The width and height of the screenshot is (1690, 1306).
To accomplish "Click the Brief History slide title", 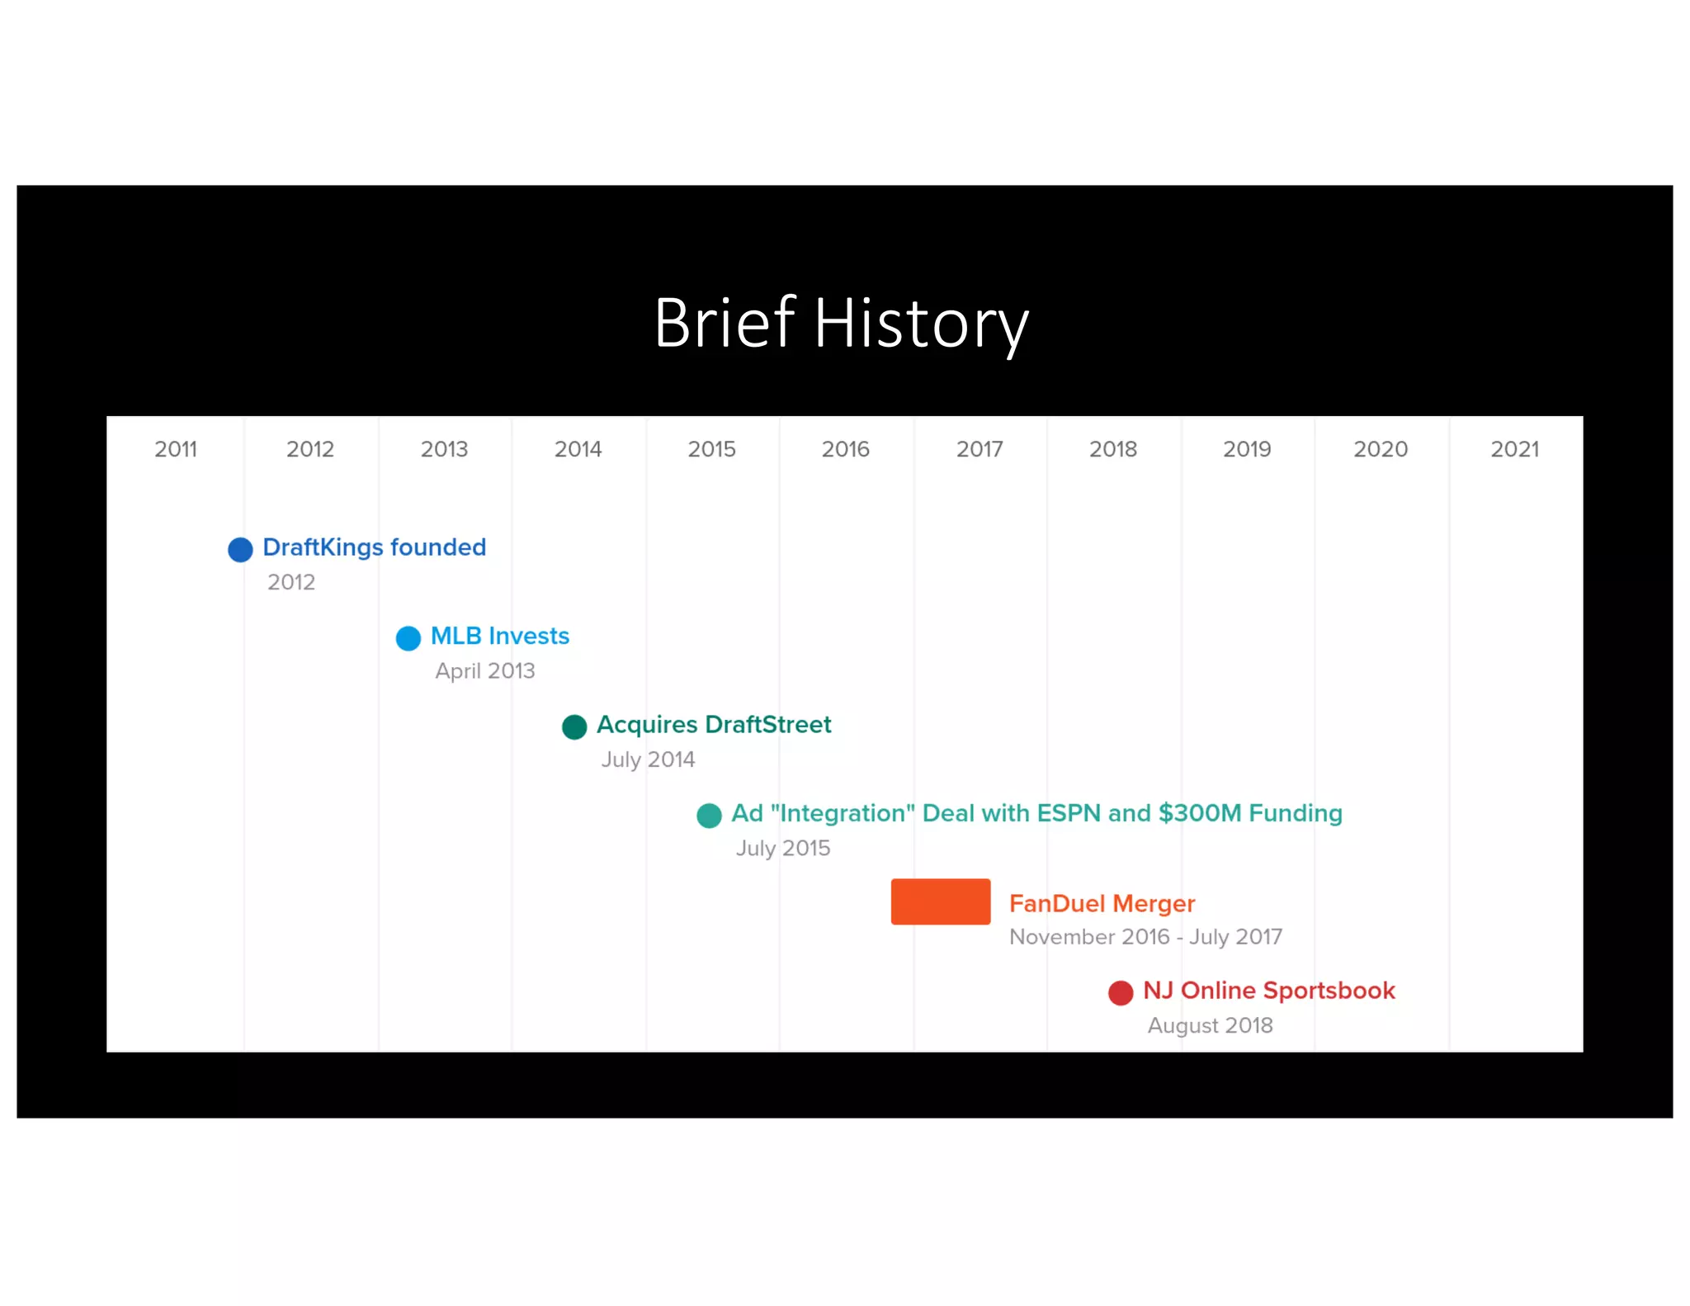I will pyautogui.click(x=841, y=324).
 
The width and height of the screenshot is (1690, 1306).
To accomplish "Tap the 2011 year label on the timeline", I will pyautogui.click(x=176, y=449).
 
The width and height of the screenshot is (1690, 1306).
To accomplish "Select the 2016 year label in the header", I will pyautogui.click(x=845, y=449).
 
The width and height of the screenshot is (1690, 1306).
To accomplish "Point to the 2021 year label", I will pyautogui.click(x=1514, y=449).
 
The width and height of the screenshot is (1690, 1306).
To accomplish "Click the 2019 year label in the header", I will pyautogui.click(x=1246, y=449).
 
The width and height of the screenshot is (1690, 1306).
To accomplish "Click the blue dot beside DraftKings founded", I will pyautogui.click(x=240, y=550).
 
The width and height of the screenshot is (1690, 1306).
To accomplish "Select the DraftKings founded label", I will pyautogui.click(x=374, y=547).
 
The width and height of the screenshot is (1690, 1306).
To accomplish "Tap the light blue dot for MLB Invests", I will pyautogui.click(x=408, y=638).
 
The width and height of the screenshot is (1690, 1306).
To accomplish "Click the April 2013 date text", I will pyautogui.click(x=485, y=670).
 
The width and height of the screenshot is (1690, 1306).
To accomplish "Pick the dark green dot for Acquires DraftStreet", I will pyautogui.click(x=574, y=727).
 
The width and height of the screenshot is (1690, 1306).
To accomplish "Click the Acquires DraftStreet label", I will pyautogui.click(x=714, y=725).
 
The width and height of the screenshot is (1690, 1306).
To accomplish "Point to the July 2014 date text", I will pyautogui.click(x=648, y=759).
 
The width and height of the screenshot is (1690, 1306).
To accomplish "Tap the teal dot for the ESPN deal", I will pyautogui.click(x=709, y=816).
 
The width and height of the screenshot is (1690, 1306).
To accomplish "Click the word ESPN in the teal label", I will pyautogui.click(x=1069, y=813).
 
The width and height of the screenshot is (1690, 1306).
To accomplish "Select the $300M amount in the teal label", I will pyautogui.click(x=1199, y=813).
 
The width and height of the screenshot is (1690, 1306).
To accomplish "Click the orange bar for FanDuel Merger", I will pyautogui.click(x=940, y=901).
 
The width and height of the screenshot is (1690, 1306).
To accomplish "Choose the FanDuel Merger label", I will pyautogui.click(x=1102, y=904).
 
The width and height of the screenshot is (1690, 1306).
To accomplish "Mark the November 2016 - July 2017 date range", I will pyautogui.click(x=1145, y=937).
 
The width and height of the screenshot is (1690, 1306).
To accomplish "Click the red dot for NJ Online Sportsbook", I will pyautogui.click(x=1121, y=993).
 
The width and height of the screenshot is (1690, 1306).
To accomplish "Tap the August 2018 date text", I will pyautogui.click(x=1210, y=1025).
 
